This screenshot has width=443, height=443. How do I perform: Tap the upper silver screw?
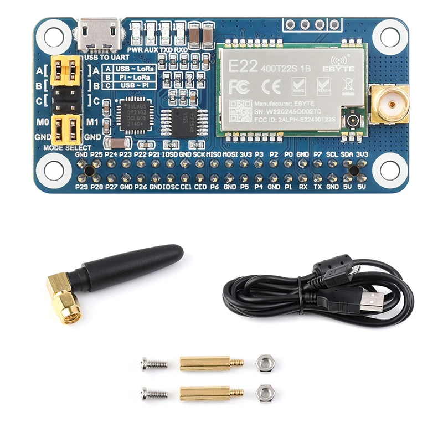point(154,363)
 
